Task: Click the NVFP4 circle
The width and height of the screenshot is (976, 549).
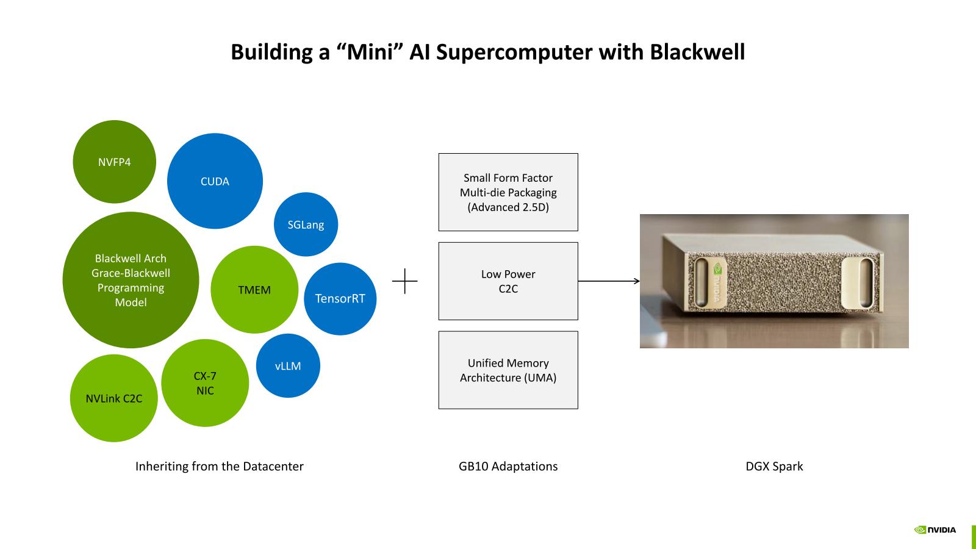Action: coord(114,162)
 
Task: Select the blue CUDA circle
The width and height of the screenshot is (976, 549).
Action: coord(215,181)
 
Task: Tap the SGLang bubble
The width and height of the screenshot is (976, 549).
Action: coord(306,224)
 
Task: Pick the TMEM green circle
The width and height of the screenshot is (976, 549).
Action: coord(254,290)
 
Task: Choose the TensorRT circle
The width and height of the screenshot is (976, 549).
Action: coord(340,298)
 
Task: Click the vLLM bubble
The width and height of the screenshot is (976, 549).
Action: coord(288,366)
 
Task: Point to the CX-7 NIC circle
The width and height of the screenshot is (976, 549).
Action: coord(205,383)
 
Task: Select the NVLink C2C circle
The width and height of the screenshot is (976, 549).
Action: coord(114,398)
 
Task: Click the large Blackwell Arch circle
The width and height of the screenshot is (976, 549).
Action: coord(131,280)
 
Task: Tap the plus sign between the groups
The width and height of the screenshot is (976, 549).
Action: coord(405,281)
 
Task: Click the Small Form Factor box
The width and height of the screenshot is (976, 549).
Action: coord(508,192)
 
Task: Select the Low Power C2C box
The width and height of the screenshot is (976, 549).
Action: coord(508,281)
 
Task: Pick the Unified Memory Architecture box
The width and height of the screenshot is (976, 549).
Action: coord(508,370)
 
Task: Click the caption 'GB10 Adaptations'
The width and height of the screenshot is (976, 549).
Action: coord(508,466)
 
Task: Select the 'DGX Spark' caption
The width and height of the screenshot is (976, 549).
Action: coord(774,466)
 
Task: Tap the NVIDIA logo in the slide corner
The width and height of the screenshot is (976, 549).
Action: coord(935,529)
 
